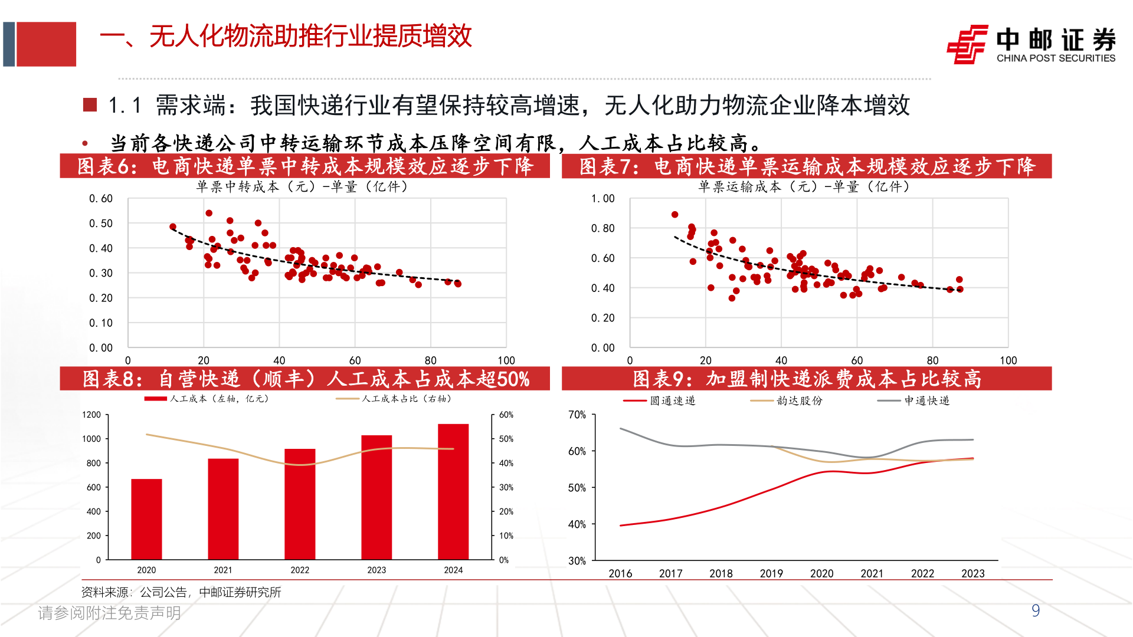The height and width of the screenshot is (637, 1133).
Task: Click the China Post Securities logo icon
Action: point(967,44)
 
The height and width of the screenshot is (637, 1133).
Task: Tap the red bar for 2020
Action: point(146,519)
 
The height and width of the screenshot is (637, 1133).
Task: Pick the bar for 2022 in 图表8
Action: point(300,504)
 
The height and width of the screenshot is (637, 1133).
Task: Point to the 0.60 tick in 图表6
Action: point(101,199)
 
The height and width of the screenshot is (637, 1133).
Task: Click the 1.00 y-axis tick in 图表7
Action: point(602,199)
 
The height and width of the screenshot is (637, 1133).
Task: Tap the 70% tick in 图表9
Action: point(577,415)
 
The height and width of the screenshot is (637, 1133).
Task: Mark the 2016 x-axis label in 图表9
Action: point(620,573)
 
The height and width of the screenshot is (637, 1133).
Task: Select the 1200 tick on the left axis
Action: point(91,415)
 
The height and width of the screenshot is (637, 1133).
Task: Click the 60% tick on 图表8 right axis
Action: point(506,415)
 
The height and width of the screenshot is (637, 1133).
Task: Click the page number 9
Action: point(1036,611)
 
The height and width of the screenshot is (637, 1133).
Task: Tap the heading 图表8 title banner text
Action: point(305,379)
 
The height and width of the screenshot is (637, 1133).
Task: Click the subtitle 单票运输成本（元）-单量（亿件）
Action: point(804,187)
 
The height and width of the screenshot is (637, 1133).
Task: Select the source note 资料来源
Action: point(181,592)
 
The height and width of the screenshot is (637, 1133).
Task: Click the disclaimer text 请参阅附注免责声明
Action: point(109,613)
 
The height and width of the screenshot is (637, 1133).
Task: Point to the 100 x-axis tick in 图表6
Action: point(506,360)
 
